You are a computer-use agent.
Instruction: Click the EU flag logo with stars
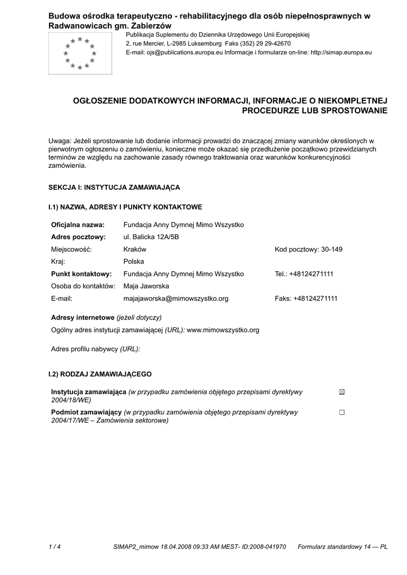(x=80, y=53)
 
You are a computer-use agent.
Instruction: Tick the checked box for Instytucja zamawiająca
(x=342, y=392)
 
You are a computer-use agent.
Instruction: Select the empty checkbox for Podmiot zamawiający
(x=342, y=412)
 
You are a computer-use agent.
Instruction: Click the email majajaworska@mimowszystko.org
(x=176, y=299)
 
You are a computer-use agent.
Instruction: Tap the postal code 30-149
(x=331, y=249)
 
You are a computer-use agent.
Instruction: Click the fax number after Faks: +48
(x=315, y=299)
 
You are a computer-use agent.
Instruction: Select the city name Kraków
(x=135, y=249)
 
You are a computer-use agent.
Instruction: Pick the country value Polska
(x=134, y=262)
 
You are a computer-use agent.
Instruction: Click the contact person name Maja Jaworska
(x=146, y=286)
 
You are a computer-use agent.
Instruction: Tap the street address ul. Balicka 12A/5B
(x=151, y=237)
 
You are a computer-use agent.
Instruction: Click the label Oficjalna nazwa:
(x=78, y=225)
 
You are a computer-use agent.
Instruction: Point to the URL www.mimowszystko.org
(x=223, y=330)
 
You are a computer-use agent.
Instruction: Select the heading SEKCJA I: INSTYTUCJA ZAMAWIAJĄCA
(x=114, y=187)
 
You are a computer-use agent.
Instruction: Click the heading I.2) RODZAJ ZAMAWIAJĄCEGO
(x=100, y=374)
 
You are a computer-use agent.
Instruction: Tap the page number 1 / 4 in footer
(x=55, y=546)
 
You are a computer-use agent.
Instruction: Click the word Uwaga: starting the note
(x=60, y=140)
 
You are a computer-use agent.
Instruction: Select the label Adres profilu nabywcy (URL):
(x=96, y=349)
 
